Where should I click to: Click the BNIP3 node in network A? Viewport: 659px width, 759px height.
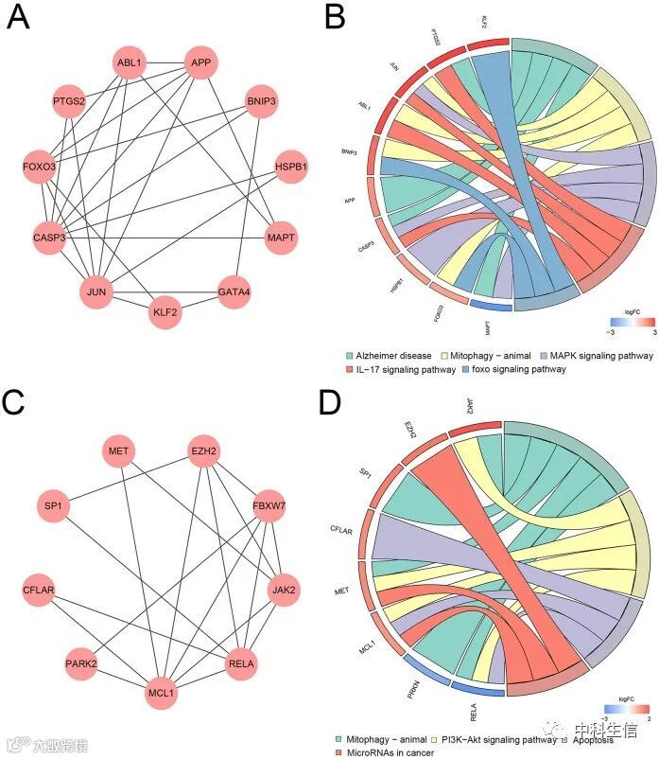(x=260, y=100)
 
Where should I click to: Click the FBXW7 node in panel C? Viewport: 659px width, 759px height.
(x=269, y=506)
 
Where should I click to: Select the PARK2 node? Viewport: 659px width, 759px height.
(x=81, y=664)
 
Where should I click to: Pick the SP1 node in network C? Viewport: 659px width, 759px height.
(x=53, y=506)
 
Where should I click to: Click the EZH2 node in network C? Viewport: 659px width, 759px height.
(x=204, y=452)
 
